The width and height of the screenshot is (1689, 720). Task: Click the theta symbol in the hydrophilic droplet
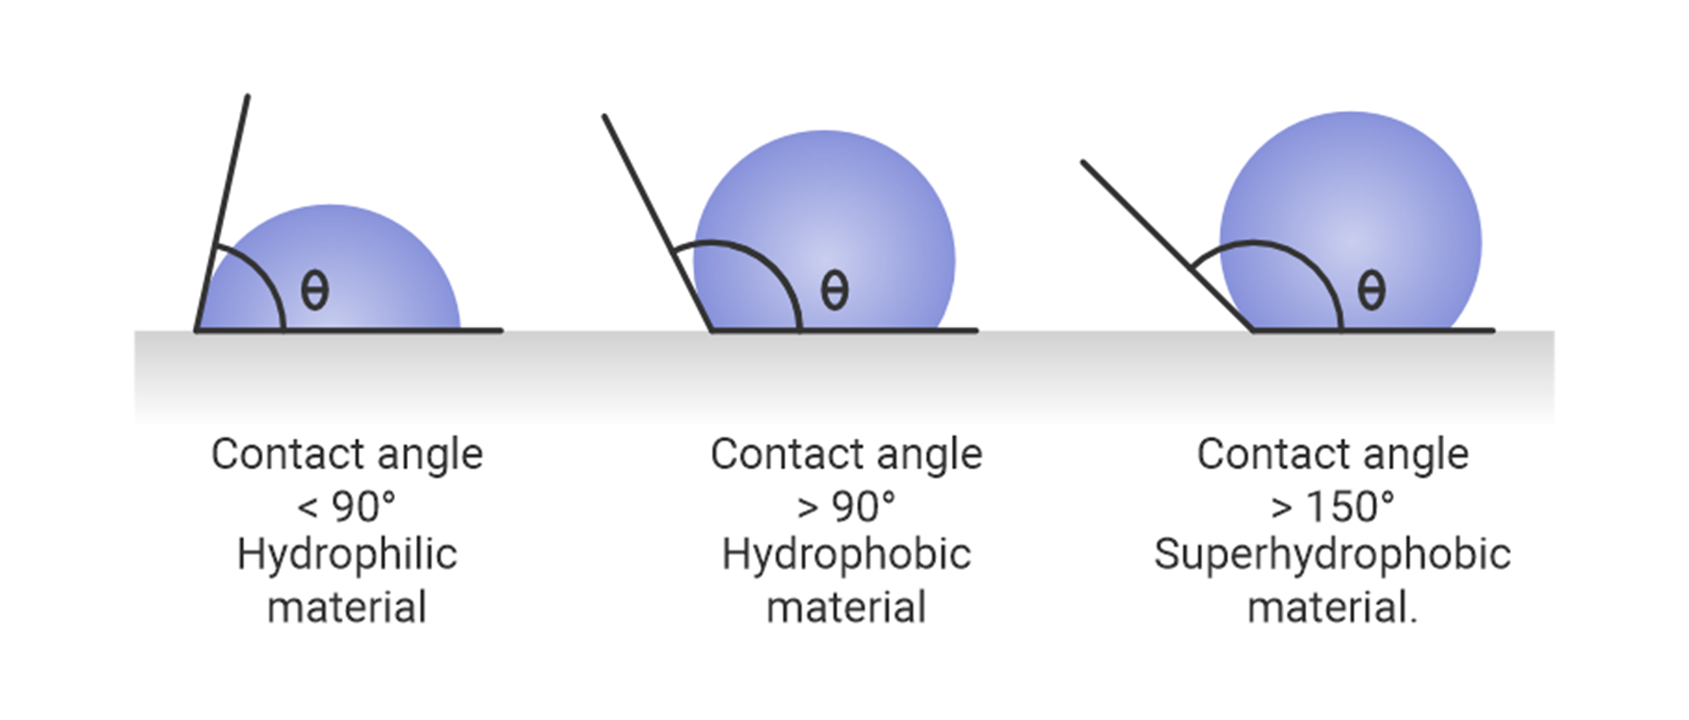point(315,290)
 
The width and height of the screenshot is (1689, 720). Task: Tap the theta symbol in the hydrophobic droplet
point(834,290)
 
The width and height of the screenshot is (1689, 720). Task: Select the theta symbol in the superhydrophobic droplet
point(1371,290)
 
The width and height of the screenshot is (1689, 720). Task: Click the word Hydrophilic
point(347,556)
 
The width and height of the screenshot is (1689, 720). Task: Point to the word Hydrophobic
point(846,555)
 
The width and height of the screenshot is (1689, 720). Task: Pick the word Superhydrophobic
point(1332,556)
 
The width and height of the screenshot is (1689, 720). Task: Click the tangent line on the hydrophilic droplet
point(222,213)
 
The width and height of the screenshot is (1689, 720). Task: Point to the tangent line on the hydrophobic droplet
point(657,222)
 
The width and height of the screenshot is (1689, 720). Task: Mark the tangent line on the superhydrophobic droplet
point(1167,246)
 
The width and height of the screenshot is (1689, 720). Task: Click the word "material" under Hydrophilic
point(347,608)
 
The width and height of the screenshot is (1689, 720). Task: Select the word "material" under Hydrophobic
point(846,608)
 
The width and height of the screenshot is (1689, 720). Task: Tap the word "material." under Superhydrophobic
point(1332,608)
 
